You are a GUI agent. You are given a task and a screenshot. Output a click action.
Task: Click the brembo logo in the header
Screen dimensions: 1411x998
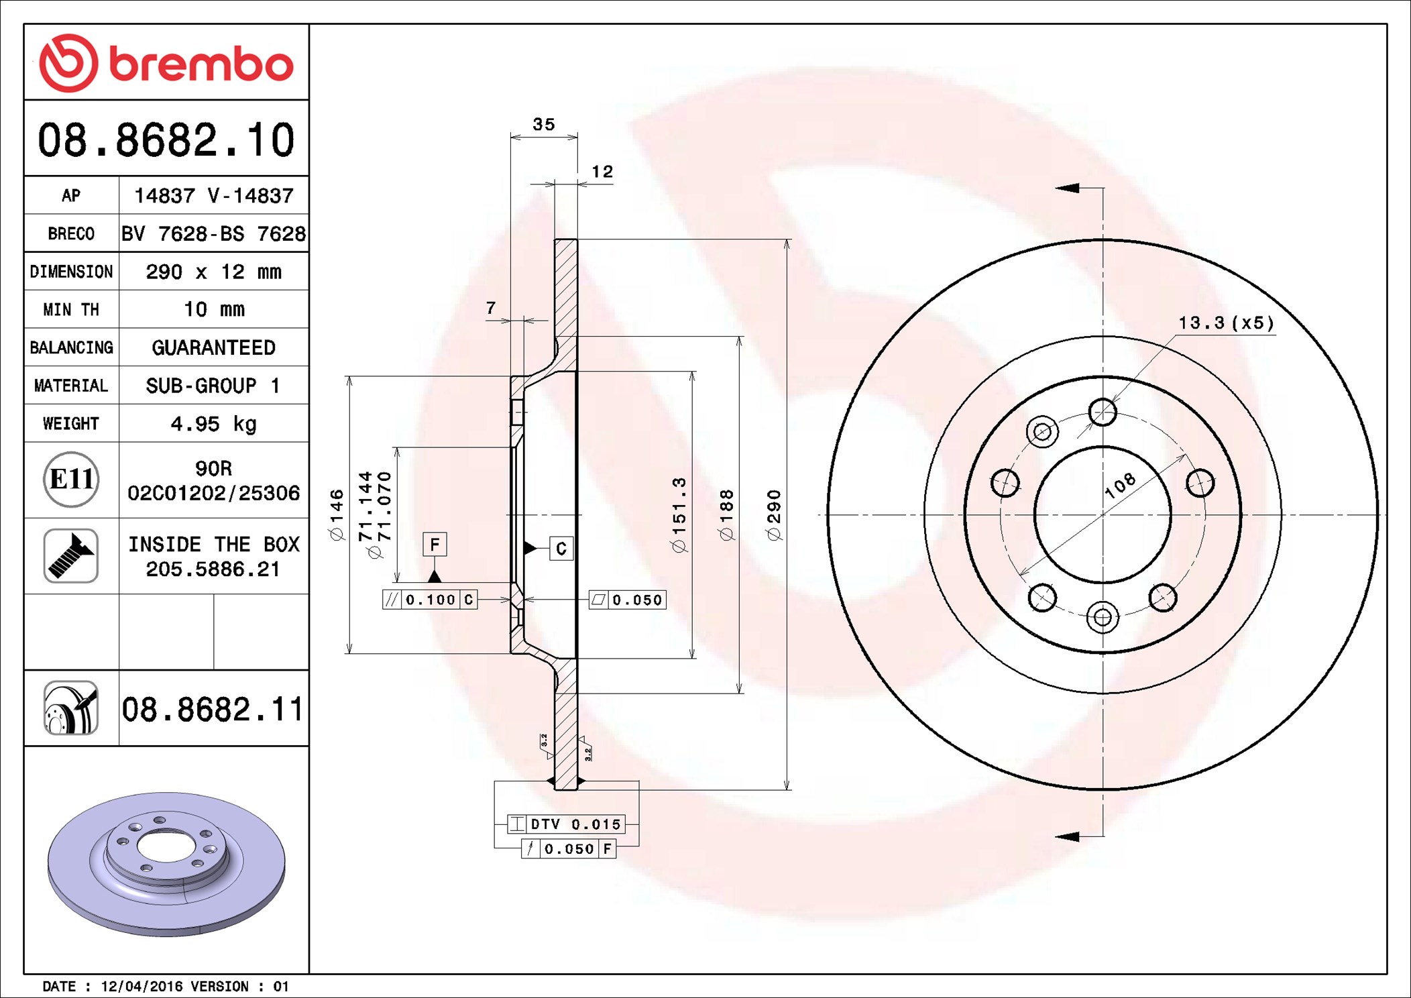pyautogui.click(x=166, y=63)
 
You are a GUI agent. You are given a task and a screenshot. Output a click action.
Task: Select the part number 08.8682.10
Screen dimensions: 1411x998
pyautogui.click(x=166, y=140)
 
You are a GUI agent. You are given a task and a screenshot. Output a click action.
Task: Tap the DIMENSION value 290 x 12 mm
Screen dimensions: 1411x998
pyautogui.click(x=214, y=272)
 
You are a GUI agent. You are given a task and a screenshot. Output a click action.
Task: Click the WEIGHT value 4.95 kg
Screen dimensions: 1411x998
pyautogui.click(x=214, y=424)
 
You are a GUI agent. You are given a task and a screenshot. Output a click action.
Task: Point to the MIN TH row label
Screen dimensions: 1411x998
pyautogui.click(x=71, y=309)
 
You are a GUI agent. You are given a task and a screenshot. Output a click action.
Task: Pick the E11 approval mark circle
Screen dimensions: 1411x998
pyautogui.click(x=71, y=480)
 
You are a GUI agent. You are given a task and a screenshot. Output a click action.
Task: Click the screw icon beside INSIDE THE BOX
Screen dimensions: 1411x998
pyautogui.click(x=71, y=556)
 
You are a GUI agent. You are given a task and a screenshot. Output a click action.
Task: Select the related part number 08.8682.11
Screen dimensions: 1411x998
pyautogui.click(x=213, y=709)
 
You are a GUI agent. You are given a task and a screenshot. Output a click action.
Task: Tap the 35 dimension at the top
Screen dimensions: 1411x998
pyautogui.click(x=544, y=124)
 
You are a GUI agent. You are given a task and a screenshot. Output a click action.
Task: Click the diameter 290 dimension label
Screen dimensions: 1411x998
pyautogui.click(x=774, y=515)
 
